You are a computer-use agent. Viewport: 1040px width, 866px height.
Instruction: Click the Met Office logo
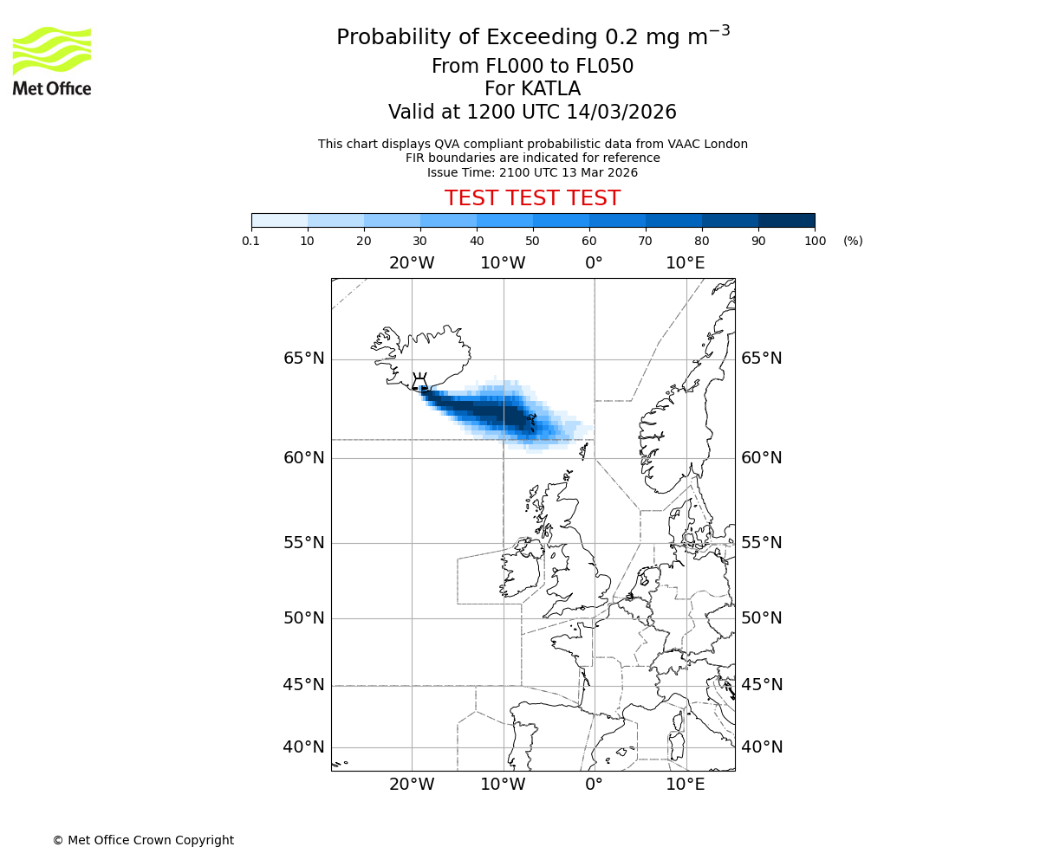coord(52,61)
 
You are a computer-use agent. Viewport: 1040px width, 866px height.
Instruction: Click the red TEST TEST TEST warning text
coord(532,199)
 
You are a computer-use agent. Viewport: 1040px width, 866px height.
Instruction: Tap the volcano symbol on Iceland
coord(419,382)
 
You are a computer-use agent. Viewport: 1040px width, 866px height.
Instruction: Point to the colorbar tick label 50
coord(532,242)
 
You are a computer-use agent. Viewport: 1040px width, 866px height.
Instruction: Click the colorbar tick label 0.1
coord(251,242)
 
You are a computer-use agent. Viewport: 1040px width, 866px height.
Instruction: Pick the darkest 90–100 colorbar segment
coord(786,220)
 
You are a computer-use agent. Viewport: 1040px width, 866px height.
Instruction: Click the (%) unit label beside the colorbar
coord(853,242)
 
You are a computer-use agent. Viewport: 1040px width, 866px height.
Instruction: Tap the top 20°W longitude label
coord(411,263)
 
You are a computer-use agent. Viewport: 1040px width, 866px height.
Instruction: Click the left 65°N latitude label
coord(304,359)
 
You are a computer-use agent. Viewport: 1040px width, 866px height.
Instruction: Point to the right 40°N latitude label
coord(762,747)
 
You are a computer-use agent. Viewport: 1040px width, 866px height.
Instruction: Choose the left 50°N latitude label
coord(304,618)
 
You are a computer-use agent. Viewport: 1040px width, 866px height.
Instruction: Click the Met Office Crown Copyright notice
coord(143,840)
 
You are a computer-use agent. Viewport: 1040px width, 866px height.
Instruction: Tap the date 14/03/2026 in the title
coord(621,113)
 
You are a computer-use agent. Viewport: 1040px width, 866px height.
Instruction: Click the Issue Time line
coord(532,172)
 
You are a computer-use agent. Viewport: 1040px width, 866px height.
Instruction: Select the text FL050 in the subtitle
coord(603,67)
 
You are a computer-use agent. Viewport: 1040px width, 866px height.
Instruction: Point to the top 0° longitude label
coord(594,263)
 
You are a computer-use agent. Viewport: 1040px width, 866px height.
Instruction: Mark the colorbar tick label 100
coord(815,242)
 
